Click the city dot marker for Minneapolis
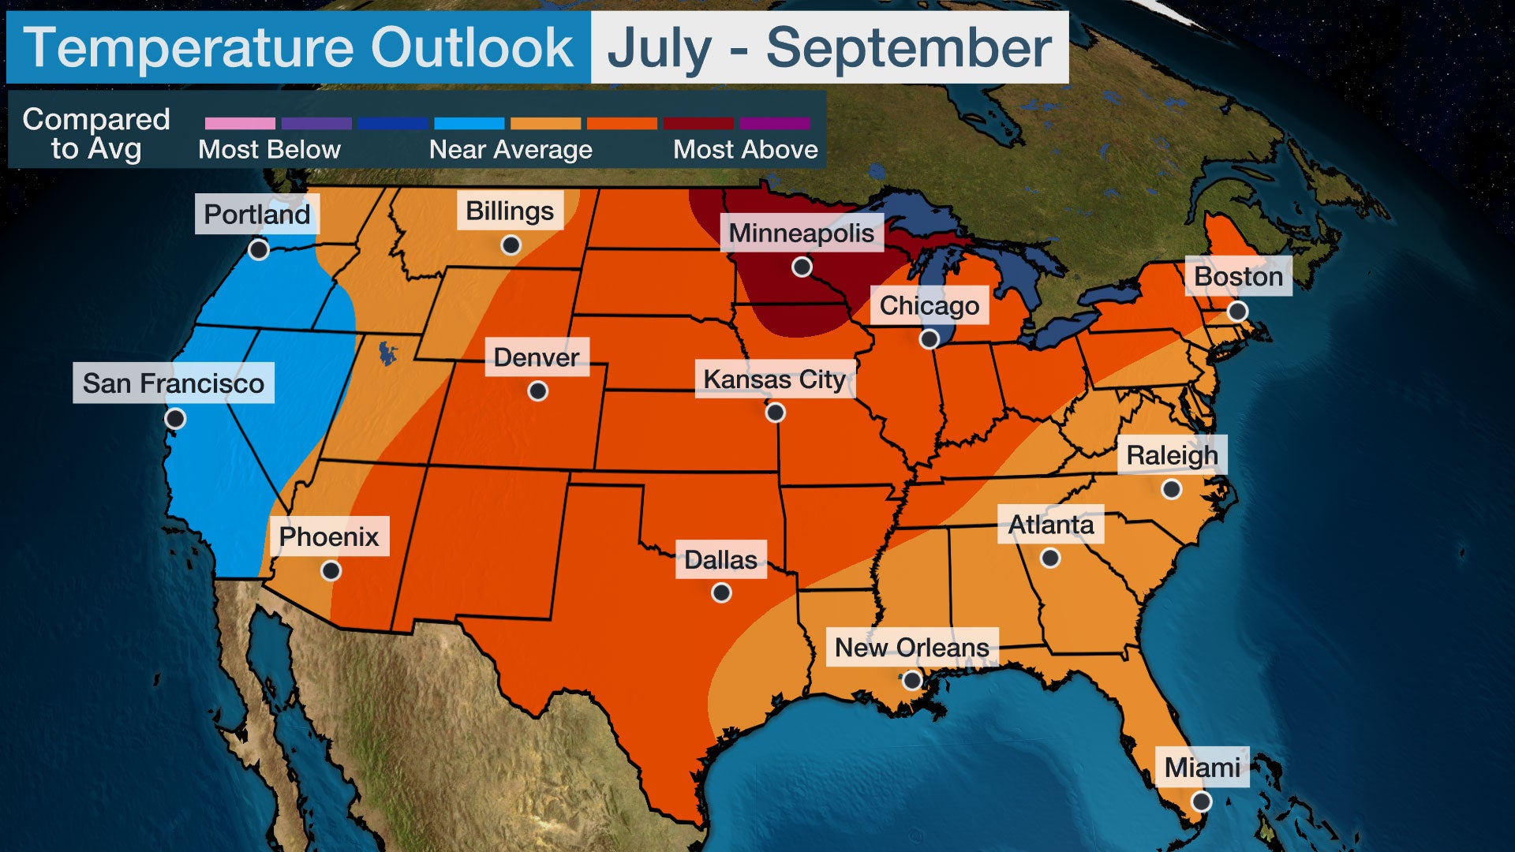click(802, 267)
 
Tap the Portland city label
click(257, 214)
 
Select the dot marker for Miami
click(1201, 802)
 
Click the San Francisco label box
click(174, 383)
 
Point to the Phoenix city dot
click(331, 570)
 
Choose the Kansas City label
click(774, 379)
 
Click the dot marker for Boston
click(1237, 312)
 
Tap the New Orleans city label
click(911, 647)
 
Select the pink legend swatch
click(240, 124)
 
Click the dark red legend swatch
click(698, 124)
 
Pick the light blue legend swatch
click(469, 124)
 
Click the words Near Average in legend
click(511, 150)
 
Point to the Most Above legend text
click(745, 150)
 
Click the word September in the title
click(908, 48)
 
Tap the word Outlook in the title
click(472, 48)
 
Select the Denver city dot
click(537, 391)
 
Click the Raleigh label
click(1172, 455)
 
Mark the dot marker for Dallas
click(721, 593)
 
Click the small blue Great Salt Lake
click(387, 353)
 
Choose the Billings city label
click(510, 211)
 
